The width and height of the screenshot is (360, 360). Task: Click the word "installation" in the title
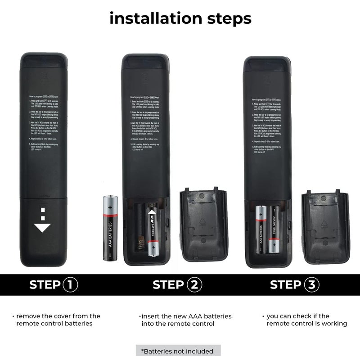point(149,19)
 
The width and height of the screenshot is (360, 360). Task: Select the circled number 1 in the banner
point(70,285)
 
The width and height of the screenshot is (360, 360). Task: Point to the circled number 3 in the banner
point(312,285)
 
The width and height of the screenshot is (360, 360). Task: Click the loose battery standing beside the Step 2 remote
point(110,228)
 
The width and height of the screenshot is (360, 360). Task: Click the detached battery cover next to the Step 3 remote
point(325,227)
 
